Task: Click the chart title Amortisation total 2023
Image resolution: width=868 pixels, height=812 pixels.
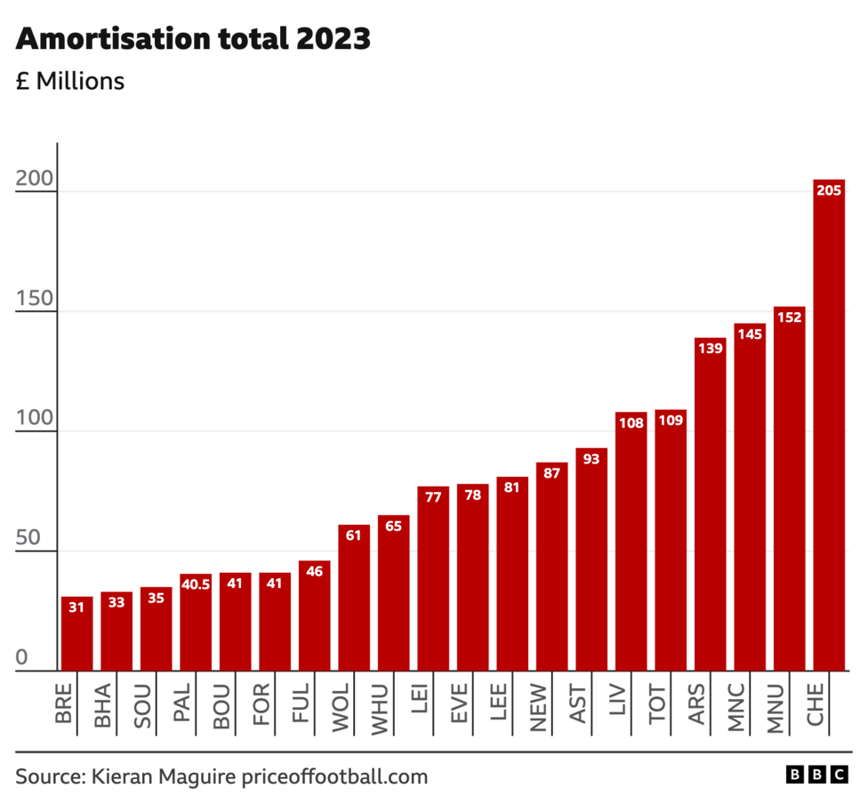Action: (x=193, y=39)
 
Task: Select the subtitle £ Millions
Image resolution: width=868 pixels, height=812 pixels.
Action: (x=70, y=81)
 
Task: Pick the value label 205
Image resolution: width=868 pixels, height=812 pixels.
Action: (x=828, y=190)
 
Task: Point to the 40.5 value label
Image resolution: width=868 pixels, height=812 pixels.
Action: (x=195, y=584)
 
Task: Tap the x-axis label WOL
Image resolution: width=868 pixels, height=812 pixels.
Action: (x=340, y=707)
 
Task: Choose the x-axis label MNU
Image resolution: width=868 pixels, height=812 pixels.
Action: (x=776, y=707)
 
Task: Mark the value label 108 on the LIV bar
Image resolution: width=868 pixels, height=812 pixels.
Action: (x=631, y=423)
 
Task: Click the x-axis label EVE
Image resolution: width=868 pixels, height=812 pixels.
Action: (x=459, y=707)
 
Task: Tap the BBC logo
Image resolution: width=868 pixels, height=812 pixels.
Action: (x=816, y=776)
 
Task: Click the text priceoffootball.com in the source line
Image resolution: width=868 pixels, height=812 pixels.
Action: (x=334, y=776)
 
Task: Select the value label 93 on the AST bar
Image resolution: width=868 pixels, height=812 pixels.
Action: (x=591, y=459)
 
